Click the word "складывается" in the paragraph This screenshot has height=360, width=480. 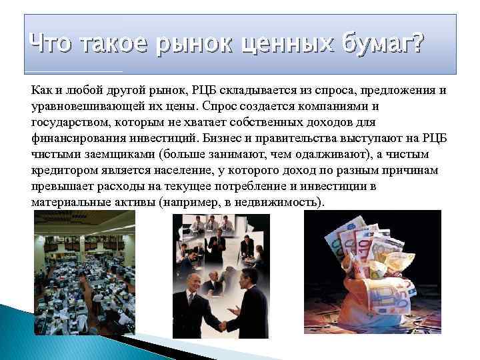[251, 90]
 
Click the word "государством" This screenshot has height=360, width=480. [69, 122]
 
